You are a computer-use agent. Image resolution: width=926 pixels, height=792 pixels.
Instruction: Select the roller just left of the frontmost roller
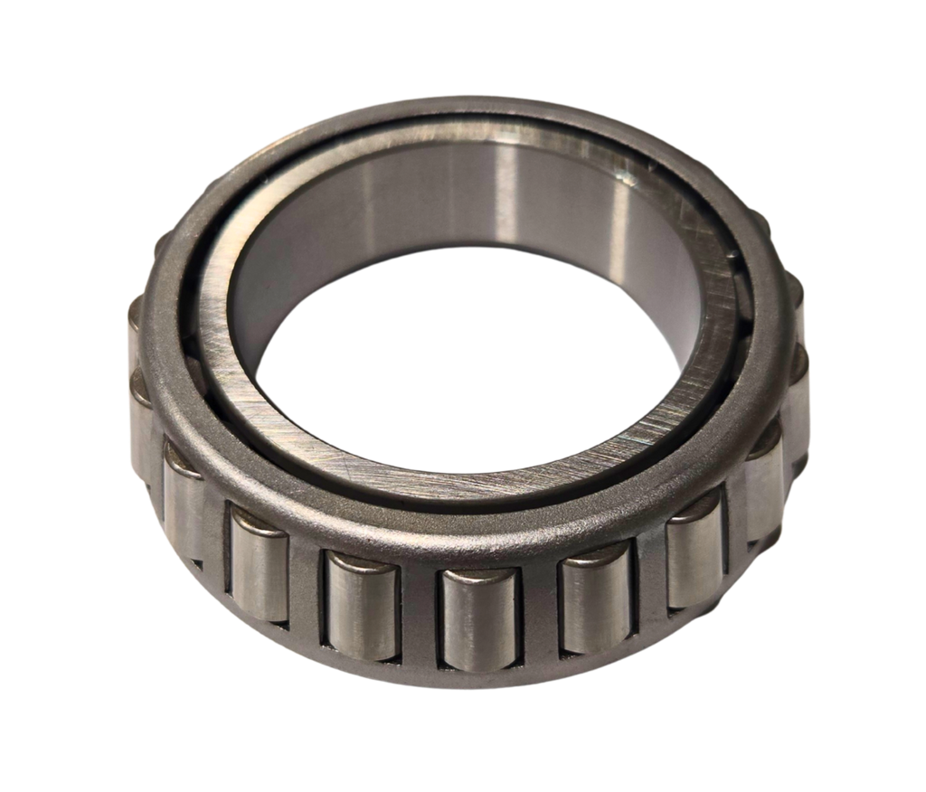[x=364, y=604]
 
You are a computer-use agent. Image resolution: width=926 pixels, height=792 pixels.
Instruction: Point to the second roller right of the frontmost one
[x=695, y=562]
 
